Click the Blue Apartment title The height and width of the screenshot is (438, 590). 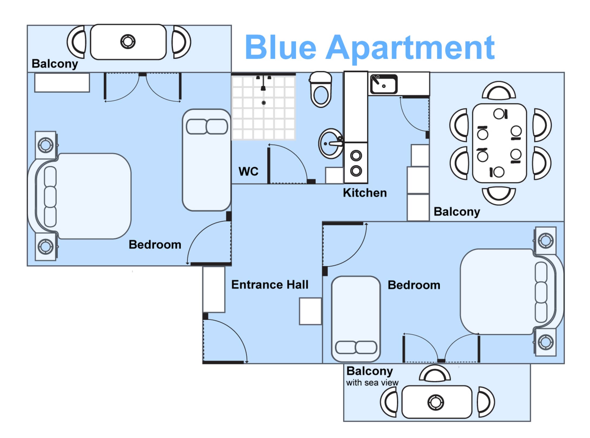click(x=370, y=47)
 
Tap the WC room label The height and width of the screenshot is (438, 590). click(x=248, y=171)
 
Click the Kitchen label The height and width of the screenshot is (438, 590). click(x=365, y=193)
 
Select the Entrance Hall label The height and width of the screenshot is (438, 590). click(x=270, y=284)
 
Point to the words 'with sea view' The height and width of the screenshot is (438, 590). click(x=372, y=383)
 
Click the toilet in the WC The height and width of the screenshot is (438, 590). click(x=321, y=89)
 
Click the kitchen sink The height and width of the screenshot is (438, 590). click(x=384, y=84)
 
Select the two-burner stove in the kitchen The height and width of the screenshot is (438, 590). click(x=356, y=163)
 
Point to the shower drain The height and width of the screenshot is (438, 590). click(x=263, y=103)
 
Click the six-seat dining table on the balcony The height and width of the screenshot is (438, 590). click(x=499, y=143)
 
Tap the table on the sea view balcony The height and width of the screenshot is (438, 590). click(x=437, y=402)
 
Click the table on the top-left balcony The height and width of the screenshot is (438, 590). click(x=128, y=42)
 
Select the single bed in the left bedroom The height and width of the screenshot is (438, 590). click(x=207, y=160)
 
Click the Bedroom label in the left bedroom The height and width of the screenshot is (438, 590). click(x=155, y=245)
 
